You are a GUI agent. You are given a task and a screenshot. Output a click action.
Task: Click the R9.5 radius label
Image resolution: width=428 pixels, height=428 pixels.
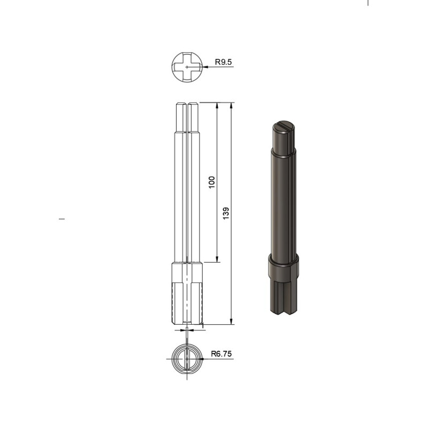point(223,63)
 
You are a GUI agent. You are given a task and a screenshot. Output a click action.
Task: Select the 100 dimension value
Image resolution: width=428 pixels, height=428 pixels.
point(212,181)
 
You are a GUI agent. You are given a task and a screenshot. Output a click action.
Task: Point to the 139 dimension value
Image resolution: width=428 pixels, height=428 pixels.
point(227,213)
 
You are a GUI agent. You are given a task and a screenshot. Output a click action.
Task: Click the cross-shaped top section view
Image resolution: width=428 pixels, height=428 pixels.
point(187,67)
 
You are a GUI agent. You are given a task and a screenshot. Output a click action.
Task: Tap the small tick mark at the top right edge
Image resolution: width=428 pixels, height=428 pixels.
point(368,2)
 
